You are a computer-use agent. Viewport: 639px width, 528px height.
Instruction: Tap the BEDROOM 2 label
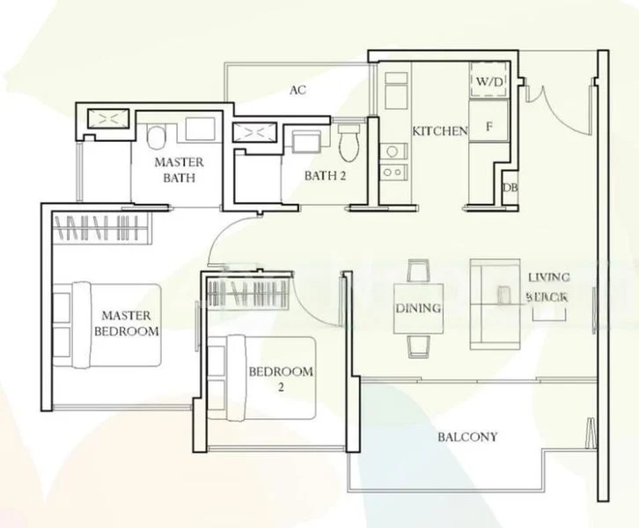point(280,378)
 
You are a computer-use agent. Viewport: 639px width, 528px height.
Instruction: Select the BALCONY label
point(467,436)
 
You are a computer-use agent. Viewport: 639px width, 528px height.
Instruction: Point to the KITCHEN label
point(440,131)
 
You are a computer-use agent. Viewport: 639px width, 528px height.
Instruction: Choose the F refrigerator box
point(488,127)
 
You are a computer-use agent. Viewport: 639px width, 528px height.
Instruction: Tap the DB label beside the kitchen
point(509,187)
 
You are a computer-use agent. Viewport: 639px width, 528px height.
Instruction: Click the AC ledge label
point(297,90)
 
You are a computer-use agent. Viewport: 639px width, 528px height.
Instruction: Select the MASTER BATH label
point(179,170)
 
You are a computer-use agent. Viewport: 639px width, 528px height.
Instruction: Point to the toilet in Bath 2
point(350,142)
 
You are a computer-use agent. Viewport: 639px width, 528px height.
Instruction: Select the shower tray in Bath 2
point(254,133)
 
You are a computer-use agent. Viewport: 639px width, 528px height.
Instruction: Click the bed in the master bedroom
point(110,324)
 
